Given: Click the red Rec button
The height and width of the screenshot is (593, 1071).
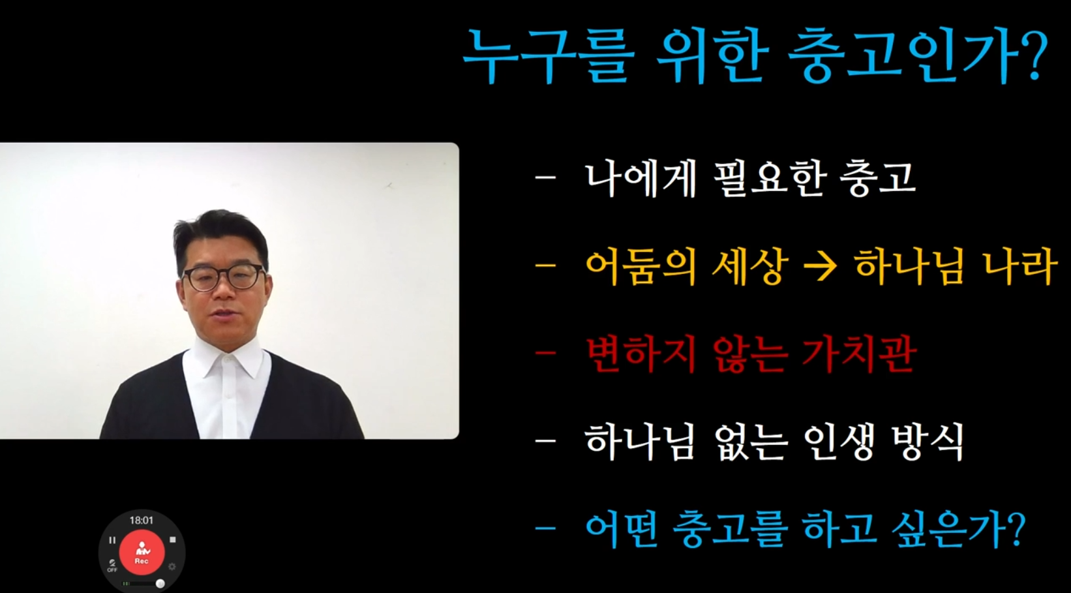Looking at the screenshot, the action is coord(142,553).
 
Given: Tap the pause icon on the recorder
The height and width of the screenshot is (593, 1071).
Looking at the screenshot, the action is coord(112,540).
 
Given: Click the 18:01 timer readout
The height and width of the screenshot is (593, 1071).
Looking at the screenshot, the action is coord(142,521).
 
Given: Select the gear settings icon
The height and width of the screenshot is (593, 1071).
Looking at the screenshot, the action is coord(172,567).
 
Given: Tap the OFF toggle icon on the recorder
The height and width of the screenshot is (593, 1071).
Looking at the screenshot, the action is coord(112,566).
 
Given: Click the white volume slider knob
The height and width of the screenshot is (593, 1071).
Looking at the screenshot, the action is coord(160,583).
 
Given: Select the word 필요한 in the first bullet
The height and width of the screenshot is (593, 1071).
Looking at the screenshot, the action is coord(769,177).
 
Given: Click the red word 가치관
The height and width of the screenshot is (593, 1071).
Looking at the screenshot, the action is coord(858,356).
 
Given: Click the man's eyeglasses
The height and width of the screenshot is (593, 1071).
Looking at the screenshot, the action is coord(223,277).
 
